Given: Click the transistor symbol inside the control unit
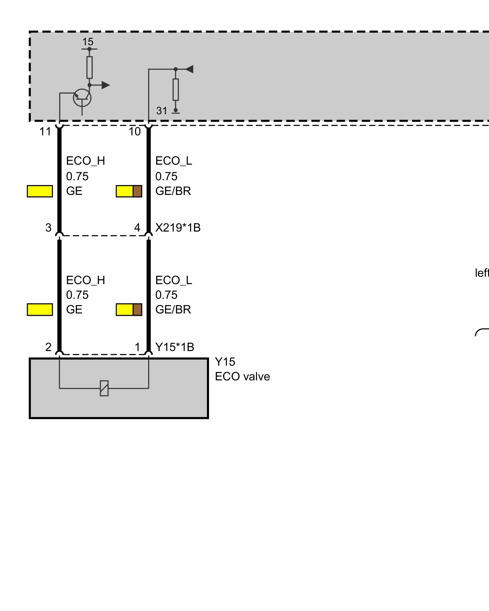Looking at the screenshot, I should tap(82, 98).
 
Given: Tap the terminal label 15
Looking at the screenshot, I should tap(88, 42).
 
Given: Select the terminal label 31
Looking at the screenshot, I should tap(162, 111).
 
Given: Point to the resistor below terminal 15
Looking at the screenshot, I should tap(89, 67).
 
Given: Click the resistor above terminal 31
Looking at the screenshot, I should tap(175, 90).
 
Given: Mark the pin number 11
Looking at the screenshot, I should tap(45, 132).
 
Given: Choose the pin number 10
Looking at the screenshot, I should tap(134, 132).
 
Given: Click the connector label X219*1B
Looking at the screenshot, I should tap(178, 228).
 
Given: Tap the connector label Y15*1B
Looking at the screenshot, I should tap(175, 347).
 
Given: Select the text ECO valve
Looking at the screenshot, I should tap(242, 376).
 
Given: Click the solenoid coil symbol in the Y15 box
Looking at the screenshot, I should tap(104, 388).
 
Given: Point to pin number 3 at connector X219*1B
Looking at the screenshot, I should tap(48, 228).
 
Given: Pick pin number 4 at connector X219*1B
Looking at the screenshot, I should tap(137, 228).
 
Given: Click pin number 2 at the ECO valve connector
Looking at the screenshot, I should tap(48, 347).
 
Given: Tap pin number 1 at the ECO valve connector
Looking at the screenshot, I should tap(138, 347).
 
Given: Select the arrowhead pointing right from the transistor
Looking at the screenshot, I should tap(105, 85).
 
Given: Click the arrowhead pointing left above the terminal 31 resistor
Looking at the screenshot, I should tap(189, 69).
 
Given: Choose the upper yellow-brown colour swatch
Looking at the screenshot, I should tap(129, 191).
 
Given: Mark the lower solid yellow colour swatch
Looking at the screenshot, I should tap(40, 309).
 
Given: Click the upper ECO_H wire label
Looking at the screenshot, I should tap(86, 161).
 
